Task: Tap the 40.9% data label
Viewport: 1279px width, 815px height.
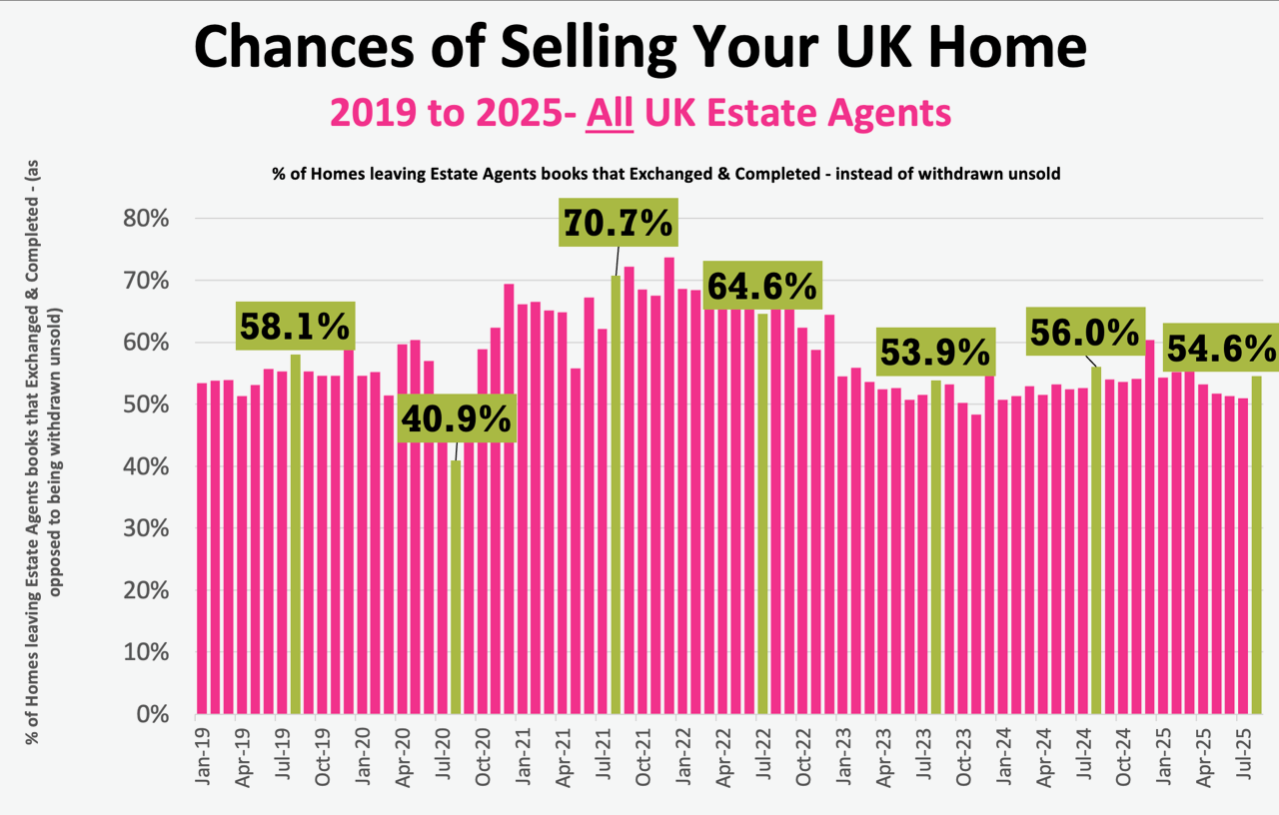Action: [x=458, y=419]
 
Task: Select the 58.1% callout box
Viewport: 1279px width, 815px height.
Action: [x=295, y=326]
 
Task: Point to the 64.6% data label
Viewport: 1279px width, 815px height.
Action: [x=762, y=287]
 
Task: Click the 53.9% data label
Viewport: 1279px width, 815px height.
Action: [x=935, y=353]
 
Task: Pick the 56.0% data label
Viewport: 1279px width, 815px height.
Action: [x=1085, y=333]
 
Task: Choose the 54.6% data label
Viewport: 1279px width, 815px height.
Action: [x=1221, y=349]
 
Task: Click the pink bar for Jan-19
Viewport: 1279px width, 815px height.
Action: [x=202, y=548]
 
